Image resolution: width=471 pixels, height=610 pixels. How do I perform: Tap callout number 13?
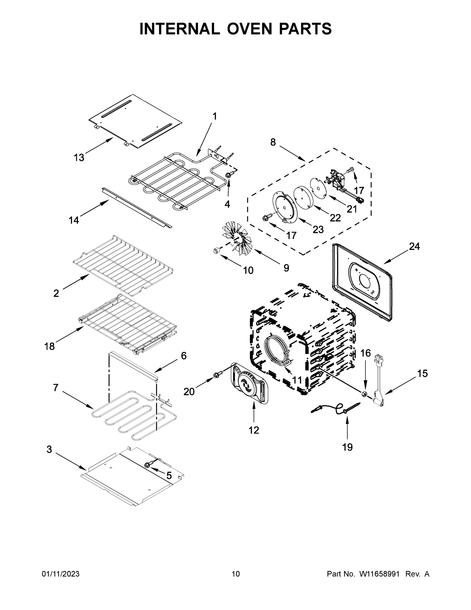point(79,158)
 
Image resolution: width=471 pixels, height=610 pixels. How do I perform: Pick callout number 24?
point(414,246)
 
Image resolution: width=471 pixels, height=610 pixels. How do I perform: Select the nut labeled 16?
point(364,394)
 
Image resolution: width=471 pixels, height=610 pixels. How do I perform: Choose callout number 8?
point(273,142)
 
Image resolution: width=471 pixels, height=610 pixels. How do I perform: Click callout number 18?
point(50,347)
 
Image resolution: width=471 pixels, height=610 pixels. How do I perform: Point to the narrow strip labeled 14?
point(137,207)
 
